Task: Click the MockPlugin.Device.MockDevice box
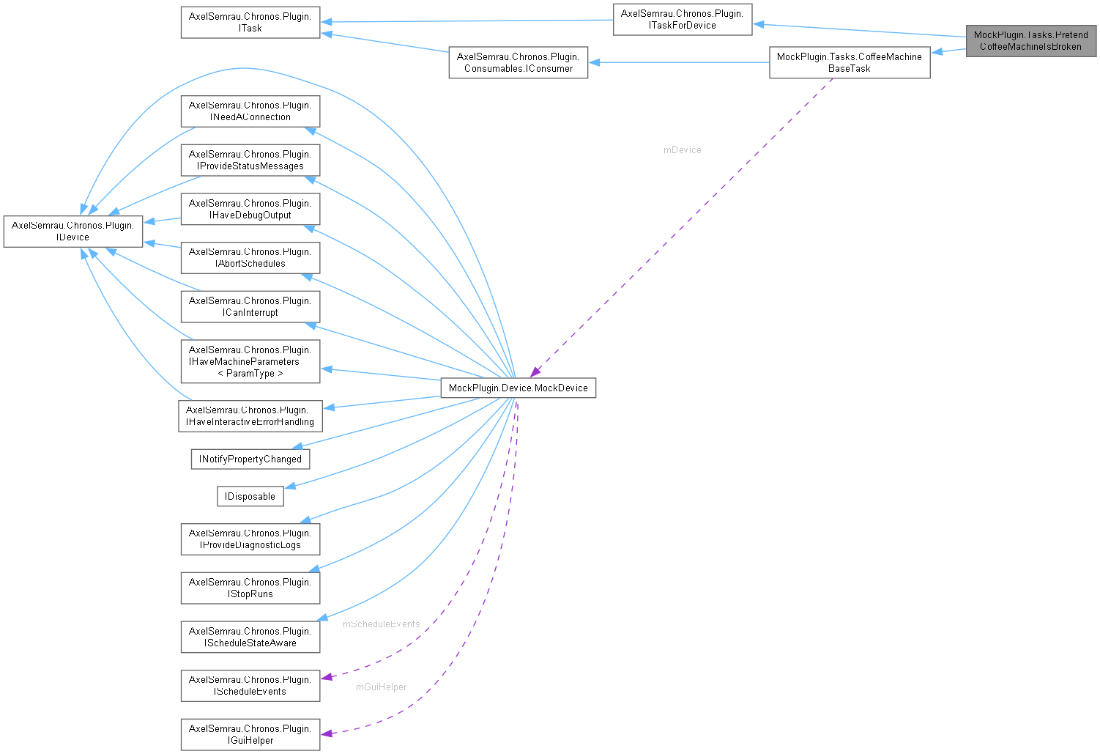(518, 388)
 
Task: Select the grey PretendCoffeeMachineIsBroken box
(1030, 40)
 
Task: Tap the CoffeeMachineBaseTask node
(849, 62)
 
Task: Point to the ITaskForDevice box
(682, 19)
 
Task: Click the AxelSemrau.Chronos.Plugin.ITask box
(250, 22)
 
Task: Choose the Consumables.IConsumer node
(518, 62)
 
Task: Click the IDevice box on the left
(73, 231)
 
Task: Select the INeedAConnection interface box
(250, 111)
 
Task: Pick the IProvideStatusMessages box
(250, 160)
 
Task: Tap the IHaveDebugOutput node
(250, 209)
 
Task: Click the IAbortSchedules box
(250, 257)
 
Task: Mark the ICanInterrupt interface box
(250, 306)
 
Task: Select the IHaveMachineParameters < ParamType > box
(250, 361)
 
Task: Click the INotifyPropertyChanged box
(250, 459)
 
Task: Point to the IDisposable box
(250, 496)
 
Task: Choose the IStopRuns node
(250, 588)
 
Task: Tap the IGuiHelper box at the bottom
(250, 734)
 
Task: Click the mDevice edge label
(682, 149)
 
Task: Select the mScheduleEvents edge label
(381, 624)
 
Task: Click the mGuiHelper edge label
(381, 687)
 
